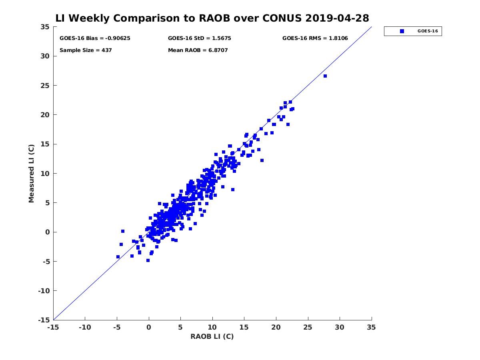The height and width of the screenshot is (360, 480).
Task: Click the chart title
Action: pyautogui.click(x=212, y=18)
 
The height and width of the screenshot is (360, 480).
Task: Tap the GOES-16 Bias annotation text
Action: pyautogui.click(x=95, y=38)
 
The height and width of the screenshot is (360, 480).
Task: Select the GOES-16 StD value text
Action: pyautogui.click(x=199, y=38)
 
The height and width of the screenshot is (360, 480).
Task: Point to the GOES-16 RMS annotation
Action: pyautogui.click(x=315, y=38)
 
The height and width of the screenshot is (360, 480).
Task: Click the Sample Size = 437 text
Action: pyautogui.click(x=86, y=50)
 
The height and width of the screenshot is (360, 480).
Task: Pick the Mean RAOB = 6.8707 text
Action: pyautogui.click(x=198, y=50)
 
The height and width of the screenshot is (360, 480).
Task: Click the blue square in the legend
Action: pyautogui.click(x=402, y=31)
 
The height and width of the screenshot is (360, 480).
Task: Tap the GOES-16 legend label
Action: pyautogui.click(x=427, y=31)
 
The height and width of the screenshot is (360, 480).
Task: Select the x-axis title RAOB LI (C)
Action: pyautogui.click(x=212, y=336)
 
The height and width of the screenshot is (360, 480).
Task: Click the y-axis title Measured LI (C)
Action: pyautogui.click(x=31, y=173)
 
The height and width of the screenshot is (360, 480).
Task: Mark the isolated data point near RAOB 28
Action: pyautogui.click(x=325, y=76)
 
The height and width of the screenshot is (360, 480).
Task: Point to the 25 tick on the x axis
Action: pyautogui.click(x=308, y=327)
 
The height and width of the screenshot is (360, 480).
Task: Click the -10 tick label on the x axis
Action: pyautogui.click(x=84, y=327)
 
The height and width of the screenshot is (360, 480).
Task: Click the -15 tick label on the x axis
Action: pyautogui.click(x=53, y=327)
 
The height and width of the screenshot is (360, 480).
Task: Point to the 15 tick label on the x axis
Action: pyautogui.click(x=244, y=327)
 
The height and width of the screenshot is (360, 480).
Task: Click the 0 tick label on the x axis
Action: pyautogui.click(x=149, y=327)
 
